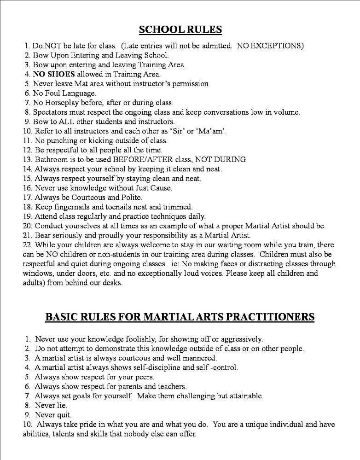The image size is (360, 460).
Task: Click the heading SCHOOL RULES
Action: (x=180, y=30)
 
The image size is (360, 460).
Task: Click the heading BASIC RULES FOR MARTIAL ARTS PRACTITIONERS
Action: (x=180, y=317)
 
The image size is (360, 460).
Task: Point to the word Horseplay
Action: (x=63, y=102)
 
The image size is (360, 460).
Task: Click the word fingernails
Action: (x=75, y=207)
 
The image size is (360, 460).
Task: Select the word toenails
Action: (x=127, y=207)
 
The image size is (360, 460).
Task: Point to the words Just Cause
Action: (x=153, y=188)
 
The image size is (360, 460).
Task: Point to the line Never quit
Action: (x=51, y=415)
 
